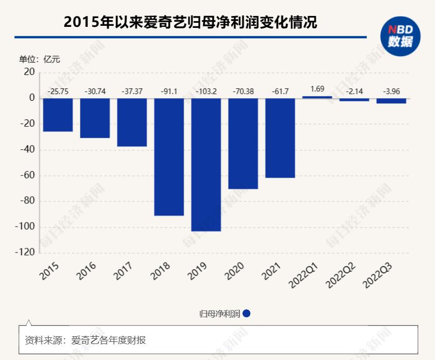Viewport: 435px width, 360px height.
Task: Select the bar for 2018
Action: point(169,156)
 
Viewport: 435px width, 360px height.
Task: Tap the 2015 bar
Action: point(58,115)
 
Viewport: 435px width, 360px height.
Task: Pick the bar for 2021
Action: point(280,137)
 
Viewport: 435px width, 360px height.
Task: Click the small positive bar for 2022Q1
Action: point(317,97)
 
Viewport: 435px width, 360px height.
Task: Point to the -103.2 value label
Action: point(206,91)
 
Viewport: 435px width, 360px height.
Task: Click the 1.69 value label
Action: point(317,89)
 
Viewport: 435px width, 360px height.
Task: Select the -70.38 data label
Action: point(243,91)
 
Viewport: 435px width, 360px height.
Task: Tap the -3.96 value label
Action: point(391,91)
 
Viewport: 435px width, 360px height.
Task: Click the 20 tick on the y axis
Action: point(29,72)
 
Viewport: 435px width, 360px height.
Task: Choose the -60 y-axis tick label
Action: point(27,176)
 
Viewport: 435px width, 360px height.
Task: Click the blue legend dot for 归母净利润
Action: point(247,314)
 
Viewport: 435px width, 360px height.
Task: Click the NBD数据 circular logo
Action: point(400,36)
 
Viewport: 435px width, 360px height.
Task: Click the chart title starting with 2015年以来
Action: point(189,23)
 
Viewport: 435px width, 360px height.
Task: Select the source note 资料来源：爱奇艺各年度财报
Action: point(85,340)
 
